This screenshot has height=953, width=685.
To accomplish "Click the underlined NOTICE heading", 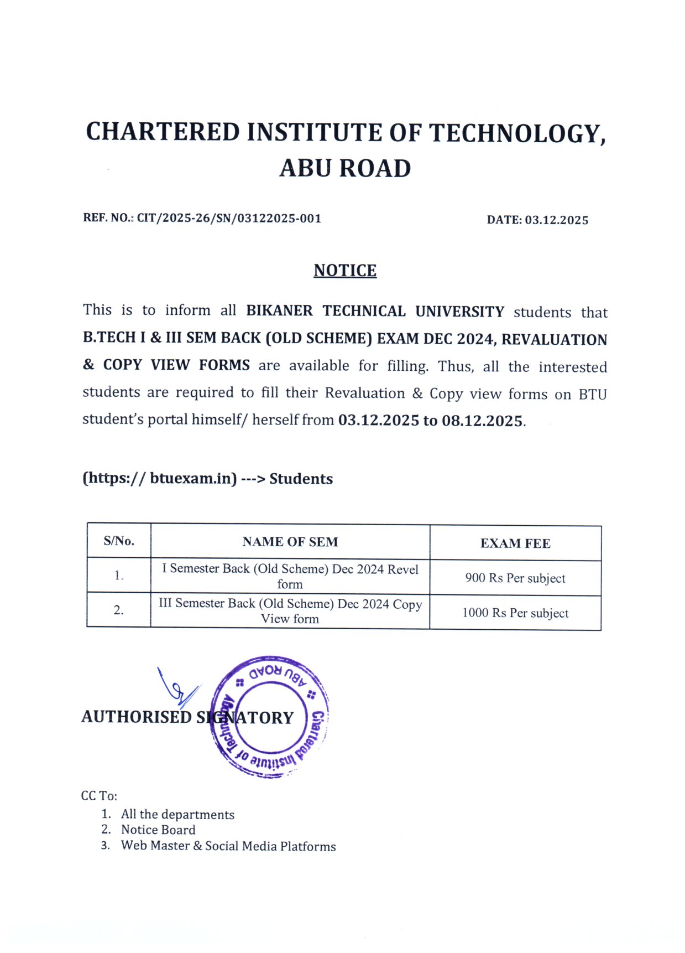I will click(345, 270).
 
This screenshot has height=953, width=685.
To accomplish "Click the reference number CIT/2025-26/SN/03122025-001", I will click(229, 218).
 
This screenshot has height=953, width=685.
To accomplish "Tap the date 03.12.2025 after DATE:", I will click(556, 220).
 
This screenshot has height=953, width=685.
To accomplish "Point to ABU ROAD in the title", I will click(345, 168).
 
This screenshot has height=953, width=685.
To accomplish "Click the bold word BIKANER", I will click(279, 311).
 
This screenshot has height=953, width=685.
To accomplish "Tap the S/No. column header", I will click(119, 541).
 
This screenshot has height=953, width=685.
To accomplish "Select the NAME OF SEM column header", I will click(290, 542).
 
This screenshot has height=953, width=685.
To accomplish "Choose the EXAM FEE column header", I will click(515, 543).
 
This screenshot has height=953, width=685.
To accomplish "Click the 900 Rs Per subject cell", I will click(515, 578).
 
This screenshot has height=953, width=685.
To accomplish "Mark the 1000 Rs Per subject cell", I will click(515, 613).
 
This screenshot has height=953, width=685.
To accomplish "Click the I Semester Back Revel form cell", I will click(290, 576).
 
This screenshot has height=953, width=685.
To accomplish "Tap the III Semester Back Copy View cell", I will click(290, 610).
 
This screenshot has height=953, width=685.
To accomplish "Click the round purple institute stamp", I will click(270, 717).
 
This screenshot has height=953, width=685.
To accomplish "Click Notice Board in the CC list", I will click(158, 830).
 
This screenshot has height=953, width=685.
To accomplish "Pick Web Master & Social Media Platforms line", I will click(228, 846).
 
